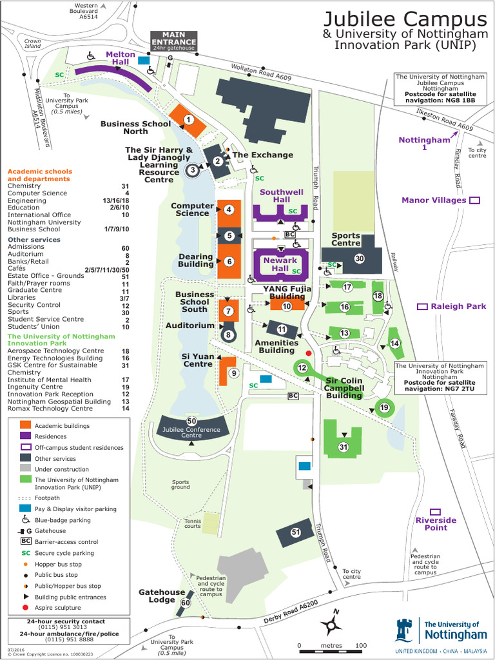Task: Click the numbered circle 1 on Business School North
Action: (188, 119)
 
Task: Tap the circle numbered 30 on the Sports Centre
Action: (360, 258)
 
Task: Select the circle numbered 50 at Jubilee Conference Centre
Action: (191, 421)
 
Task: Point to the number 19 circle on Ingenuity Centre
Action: (384, 407)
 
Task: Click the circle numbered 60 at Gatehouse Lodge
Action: (185, 603)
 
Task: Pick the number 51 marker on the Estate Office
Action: (296, 532)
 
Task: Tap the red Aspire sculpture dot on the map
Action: (309, 353)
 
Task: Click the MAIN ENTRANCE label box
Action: (173, 39)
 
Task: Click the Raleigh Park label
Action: (458, 306)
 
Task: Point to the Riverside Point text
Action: (436, 523)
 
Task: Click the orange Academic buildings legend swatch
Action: (25, 425)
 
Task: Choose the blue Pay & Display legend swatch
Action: (25, 509)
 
